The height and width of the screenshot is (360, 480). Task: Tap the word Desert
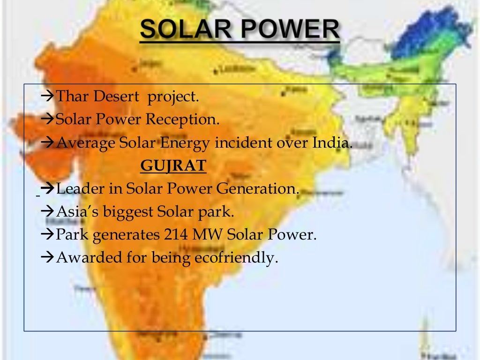click(x=116, y=97)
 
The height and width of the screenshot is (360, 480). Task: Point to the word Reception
click(x=182, y=120)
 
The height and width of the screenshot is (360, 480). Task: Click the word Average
click(x=85, y=142)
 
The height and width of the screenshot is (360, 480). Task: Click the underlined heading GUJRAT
click(x=173, y=166)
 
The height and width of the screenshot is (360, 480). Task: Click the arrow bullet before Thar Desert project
click(x=48, y=97)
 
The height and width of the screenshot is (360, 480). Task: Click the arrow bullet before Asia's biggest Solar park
click(x=48, y=212)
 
